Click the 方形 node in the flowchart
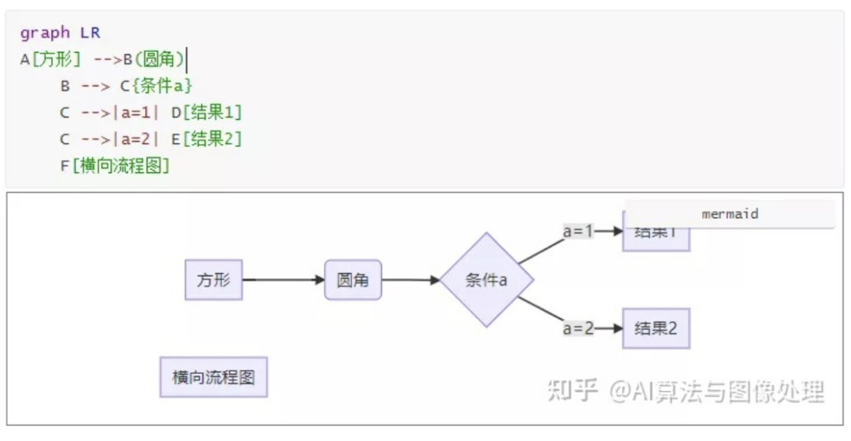point(214,280)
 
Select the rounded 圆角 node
point(353,280)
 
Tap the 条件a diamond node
point(486,280)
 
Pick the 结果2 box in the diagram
point(656,328)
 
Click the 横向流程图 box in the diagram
point(214,377)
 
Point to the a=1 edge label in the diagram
point(578,232)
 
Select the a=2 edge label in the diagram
point(578,328)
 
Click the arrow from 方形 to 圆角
point(284,280)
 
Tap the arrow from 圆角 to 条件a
point(411,280)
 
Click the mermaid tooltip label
point(730,214)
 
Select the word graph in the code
point(45,33)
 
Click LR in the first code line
point(91,33)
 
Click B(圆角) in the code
point(154,60)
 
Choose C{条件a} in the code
point(156,86)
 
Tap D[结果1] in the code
point(206,113)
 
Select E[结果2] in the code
point(206,139)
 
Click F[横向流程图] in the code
point(115,166)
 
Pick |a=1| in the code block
point(136,113)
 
